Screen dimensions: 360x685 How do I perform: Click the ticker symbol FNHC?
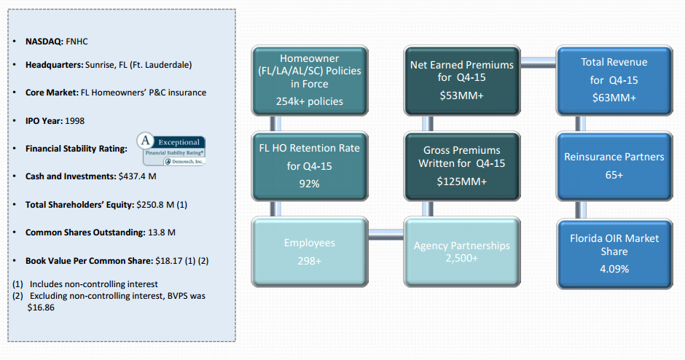[79, 42]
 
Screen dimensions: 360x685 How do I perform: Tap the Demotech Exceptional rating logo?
[171, 149]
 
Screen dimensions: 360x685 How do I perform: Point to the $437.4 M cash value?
[138, 176]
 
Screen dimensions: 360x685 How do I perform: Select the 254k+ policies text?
[310, 101]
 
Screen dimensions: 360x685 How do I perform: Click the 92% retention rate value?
[309, 184]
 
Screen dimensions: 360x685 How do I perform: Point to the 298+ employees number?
[309, 260]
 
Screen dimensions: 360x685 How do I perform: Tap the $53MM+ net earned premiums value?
[461, 95]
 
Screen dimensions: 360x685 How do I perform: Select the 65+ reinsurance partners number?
[614, 176]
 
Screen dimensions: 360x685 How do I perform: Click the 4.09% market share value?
[614, 268]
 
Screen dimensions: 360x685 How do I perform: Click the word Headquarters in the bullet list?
[54, 65]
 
